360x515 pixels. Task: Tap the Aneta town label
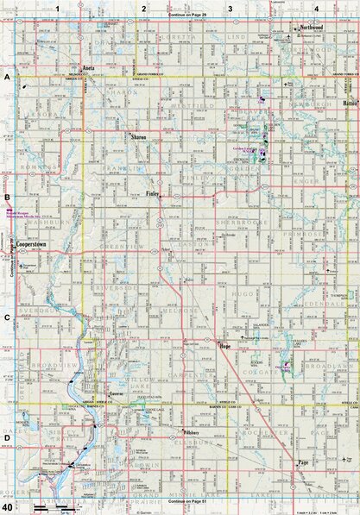coord(87,66)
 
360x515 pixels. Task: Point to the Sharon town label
coord(138,136)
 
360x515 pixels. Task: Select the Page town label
coord(302,462)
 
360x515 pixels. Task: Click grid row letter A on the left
coord(7,77)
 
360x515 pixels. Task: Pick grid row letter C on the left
coord(7,317)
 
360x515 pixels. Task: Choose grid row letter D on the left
coord(7,437)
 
